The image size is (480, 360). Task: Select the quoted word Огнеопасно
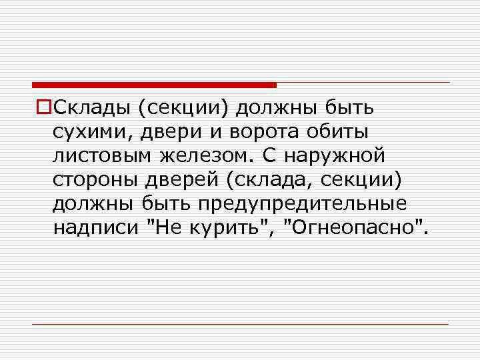click(x=353, y=229)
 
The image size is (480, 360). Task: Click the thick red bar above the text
click(x=154, y=85)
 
